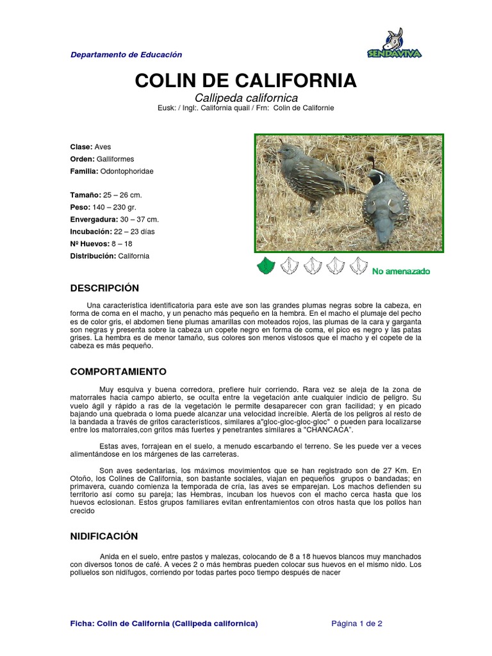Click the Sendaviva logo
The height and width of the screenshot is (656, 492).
coord(394,45)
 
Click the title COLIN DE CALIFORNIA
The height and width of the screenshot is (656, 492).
coord(246,81)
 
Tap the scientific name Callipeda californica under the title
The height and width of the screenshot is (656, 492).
coord(246,98)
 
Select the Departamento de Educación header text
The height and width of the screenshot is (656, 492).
coord(126,55)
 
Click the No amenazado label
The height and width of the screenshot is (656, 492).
coord(401,272)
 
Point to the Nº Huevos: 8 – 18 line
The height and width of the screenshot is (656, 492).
coord(101,243)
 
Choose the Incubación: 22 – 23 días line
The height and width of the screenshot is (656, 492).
coord(112,231)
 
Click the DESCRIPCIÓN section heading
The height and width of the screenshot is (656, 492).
coord(104,288)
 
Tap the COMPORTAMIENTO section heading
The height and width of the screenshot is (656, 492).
coord(118,372)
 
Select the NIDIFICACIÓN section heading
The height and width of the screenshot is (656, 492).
coord(104,536)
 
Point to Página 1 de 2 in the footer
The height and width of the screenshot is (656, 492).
coord(357,623)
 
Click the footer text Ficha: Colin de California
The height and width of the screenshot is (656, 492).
coord(164,623)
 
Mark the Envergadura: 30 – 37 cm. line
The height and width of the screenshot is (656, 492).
coord(115,219)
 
